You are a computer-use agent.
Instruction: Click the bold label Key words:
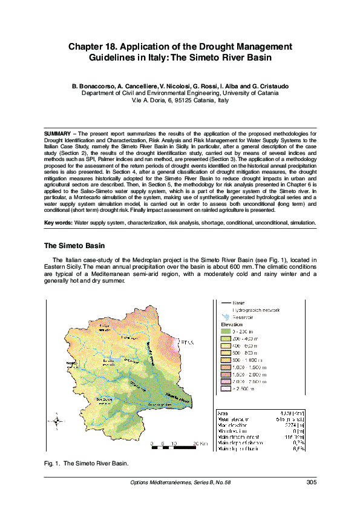59,223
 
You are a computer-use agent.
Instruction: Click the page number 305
310,482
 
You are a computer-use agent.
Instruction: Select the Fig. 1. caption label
52,463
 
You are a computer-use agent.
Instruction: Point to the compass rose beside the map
56,421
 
